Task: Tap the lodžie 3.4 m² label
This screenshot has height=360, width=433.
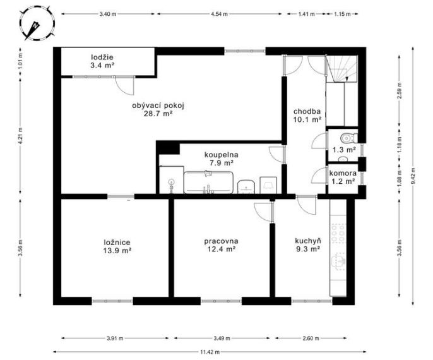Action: [x=102, y=61]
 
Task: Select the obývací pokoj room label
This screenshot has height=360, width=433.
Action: [x=158, y=109]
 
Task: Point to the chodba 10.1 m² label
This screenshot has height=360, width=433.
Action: [x=307, y=116]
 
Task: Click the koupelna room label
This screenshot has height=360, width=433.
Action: [x=221, y=159]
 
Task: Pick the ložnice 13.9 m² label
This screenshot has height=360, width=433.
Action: [x=117, y=246]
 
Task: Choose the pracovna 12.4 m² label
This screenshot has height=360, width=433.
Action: [x=221, y=245]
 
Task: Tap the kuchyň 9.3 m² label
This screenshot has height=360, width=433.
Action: [x=308, y=245]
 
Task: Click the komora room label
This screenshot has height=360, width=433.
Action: [x=343, y=174]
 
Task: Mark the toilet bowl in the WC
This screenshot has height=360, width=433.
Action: [x=348, y=137]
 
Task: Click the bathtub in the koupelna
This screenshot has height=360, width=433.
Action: [x=208, y=183]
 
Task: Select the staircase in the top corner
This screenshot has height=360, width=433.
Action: [x=341, y=69]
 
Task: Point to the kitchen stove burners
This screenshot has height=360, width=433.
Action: [x=338, y=234]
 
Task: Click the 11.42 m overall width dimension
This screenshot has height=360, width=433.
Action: [x=210, y=352]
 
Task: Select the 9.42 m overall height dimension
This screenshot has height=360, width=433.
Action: [x=413, y=176]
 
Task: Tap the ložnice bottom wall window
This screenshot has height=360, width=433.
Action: [x=112, y=301]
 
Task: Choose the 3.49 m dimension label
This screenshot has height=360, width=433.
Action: [x=222, y=338]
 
